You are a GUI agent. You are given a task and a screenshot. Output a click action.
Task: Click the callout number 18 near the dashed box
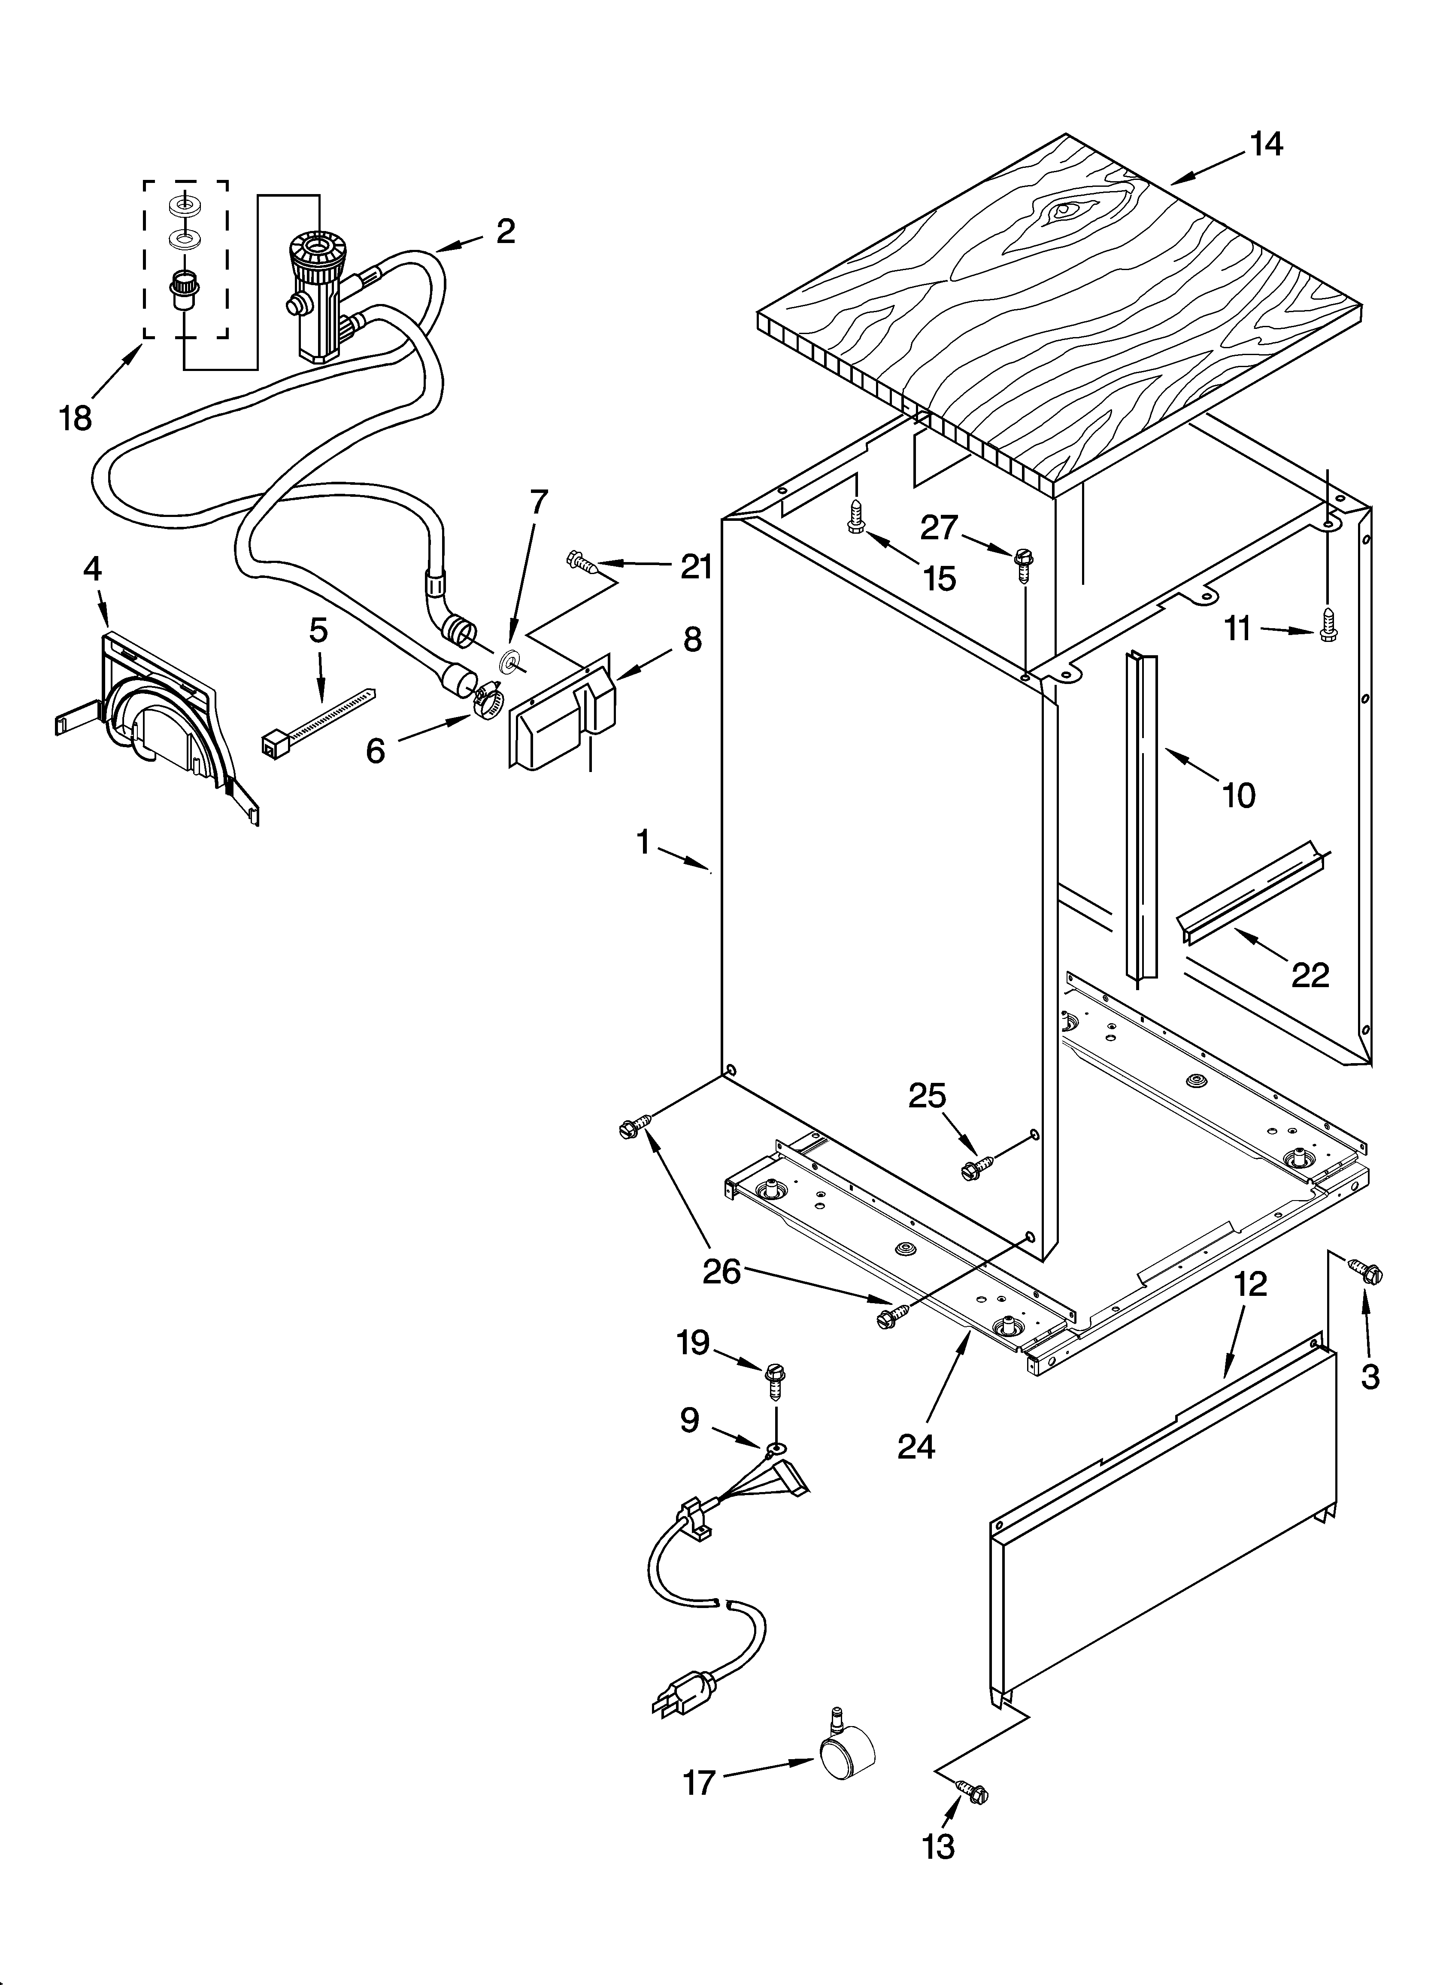[x=76, y=418]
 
